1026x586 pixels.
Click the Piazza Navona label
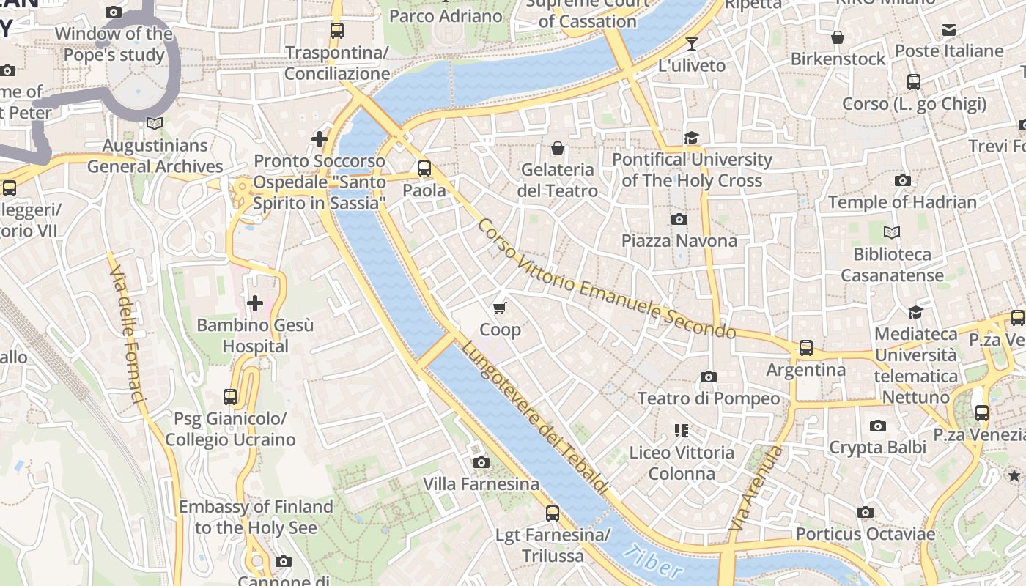(x=679, y=241)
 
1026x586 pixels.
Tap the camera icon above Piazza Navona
(x=679, y=219)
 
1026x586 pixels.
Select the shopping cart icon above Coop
(x=500, y=308)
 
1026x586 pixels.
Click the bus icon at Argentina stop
(x=806, y=348)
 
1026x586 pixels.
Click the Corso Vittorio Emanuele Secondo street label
(x=605, y=279)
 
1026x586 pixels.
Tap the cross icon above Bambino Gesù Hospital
(x=255, y=303)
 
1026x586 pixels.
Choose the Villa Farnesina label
(x=481, y=484)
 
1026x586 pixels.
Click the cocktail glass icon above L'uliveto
(x=691, y=44)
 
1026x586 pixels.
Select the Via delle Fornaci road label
(x=127, y=335)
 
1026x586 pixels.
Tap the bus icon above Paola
(x=424, y=168)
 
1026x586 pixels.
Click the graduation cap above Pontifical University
(x=691, y=138)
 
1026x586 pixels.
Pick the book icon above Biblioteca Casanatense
(x=892, y=233)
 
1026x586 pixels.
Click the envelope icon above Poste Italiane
(x=949, y=30)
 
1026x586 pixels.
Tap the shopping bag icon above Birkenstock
(x=838, y=37)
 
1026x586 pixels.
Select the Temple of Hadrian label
(x=902, y=202)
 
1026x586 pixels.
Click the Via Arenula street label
(x=756, y=489)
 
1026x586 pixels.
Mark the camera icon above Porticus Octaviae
(x=866, y=513)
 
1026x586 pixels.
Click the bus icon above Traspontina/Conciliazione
(x=337, y=31)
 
